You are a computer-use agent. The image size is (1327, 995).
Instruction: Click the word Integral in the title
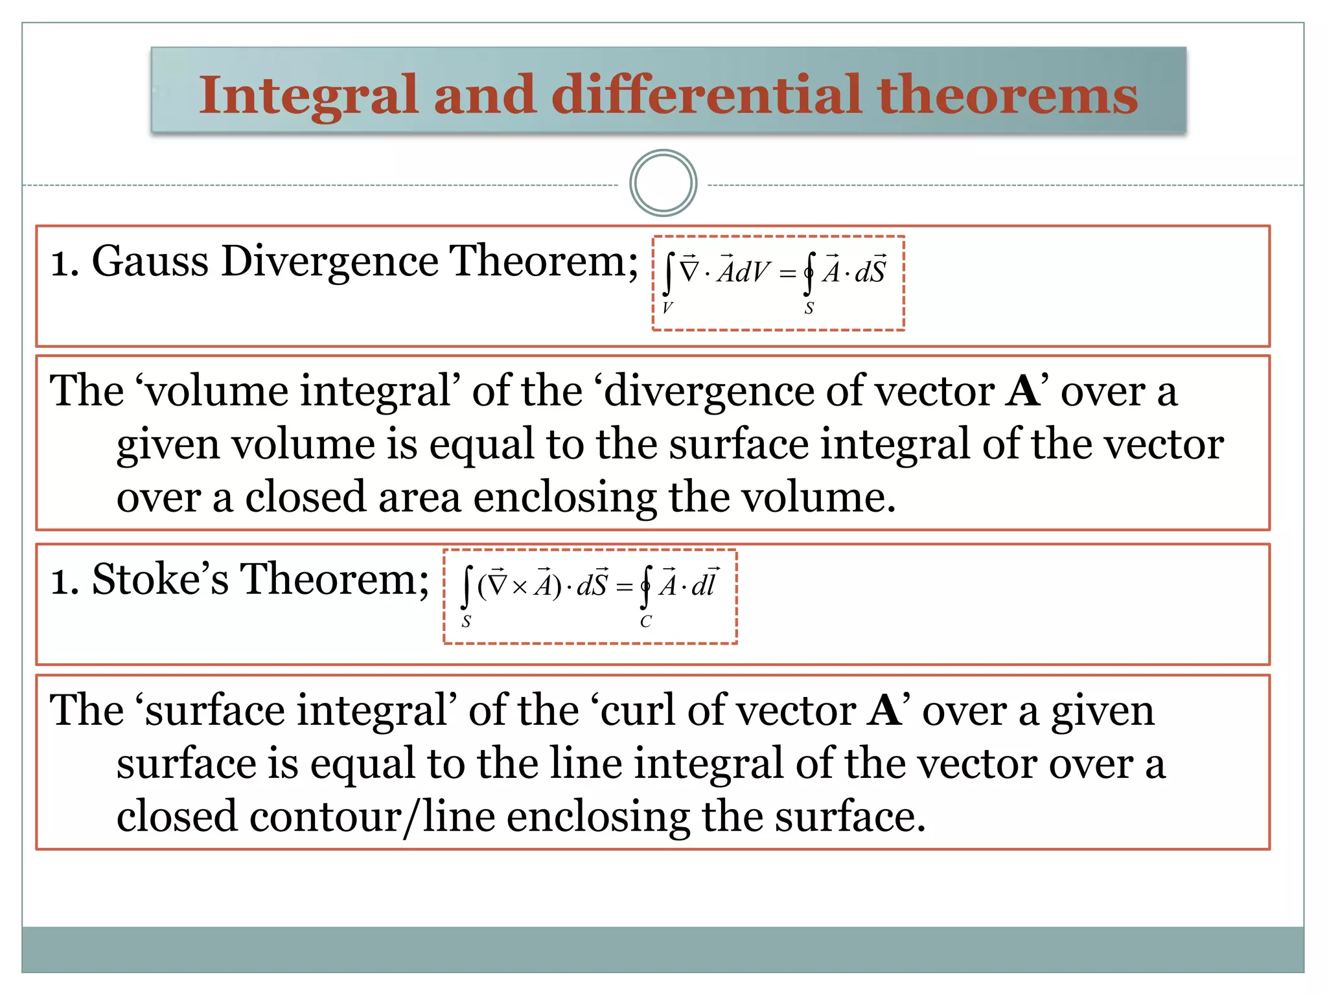tap(307, 95)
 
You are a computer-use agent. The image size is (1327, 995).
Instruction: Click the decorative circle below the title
tap(663, 183)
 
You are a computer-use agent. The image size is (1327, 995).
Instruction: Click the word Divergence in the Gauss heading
tap(330, 262)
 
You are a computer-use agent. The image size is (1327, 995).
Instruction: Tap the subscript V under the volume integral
tap(668, 308)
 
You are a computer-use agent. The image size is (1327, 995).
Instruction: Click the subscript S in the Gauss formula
tap(809, 309)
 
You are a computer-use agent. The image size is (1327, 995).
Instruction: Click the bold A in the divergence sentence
tap(1024, 391)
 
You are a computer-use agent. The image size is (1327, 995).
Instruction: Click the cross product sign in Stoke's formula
tap(520, 587)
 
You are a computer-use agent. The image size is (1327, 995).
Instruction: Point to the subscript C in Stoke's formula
tap(645, 623)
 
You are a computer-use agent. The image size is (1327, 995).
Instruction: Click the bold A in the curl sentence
tap(885, 711)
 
